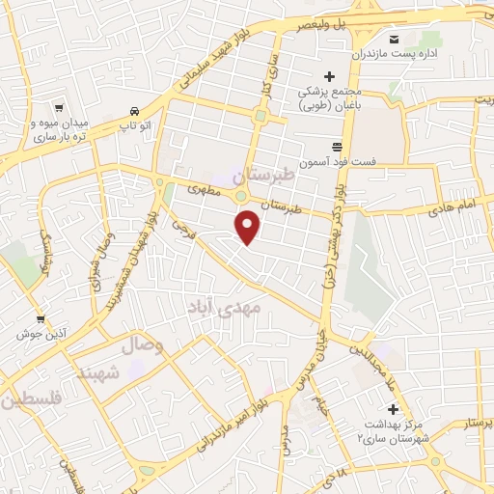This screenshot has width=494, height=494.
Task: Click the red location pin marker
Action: click(x=248, y=228)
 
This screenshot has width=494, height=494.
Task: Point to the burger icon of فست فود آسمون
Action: click(x=336, y=145)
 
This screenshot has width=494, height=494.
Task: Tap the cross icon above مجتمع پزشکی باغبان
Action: click(x=329, y=76)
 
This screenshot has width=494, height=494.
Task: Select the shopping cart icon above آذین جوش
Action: click(x=40, y=319)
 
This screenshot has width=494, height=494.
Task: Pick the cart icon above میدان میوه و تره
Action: click(x=59, y=109)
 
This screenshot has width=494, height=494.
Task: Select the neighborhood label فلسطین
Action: click(x=30, y=398)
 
